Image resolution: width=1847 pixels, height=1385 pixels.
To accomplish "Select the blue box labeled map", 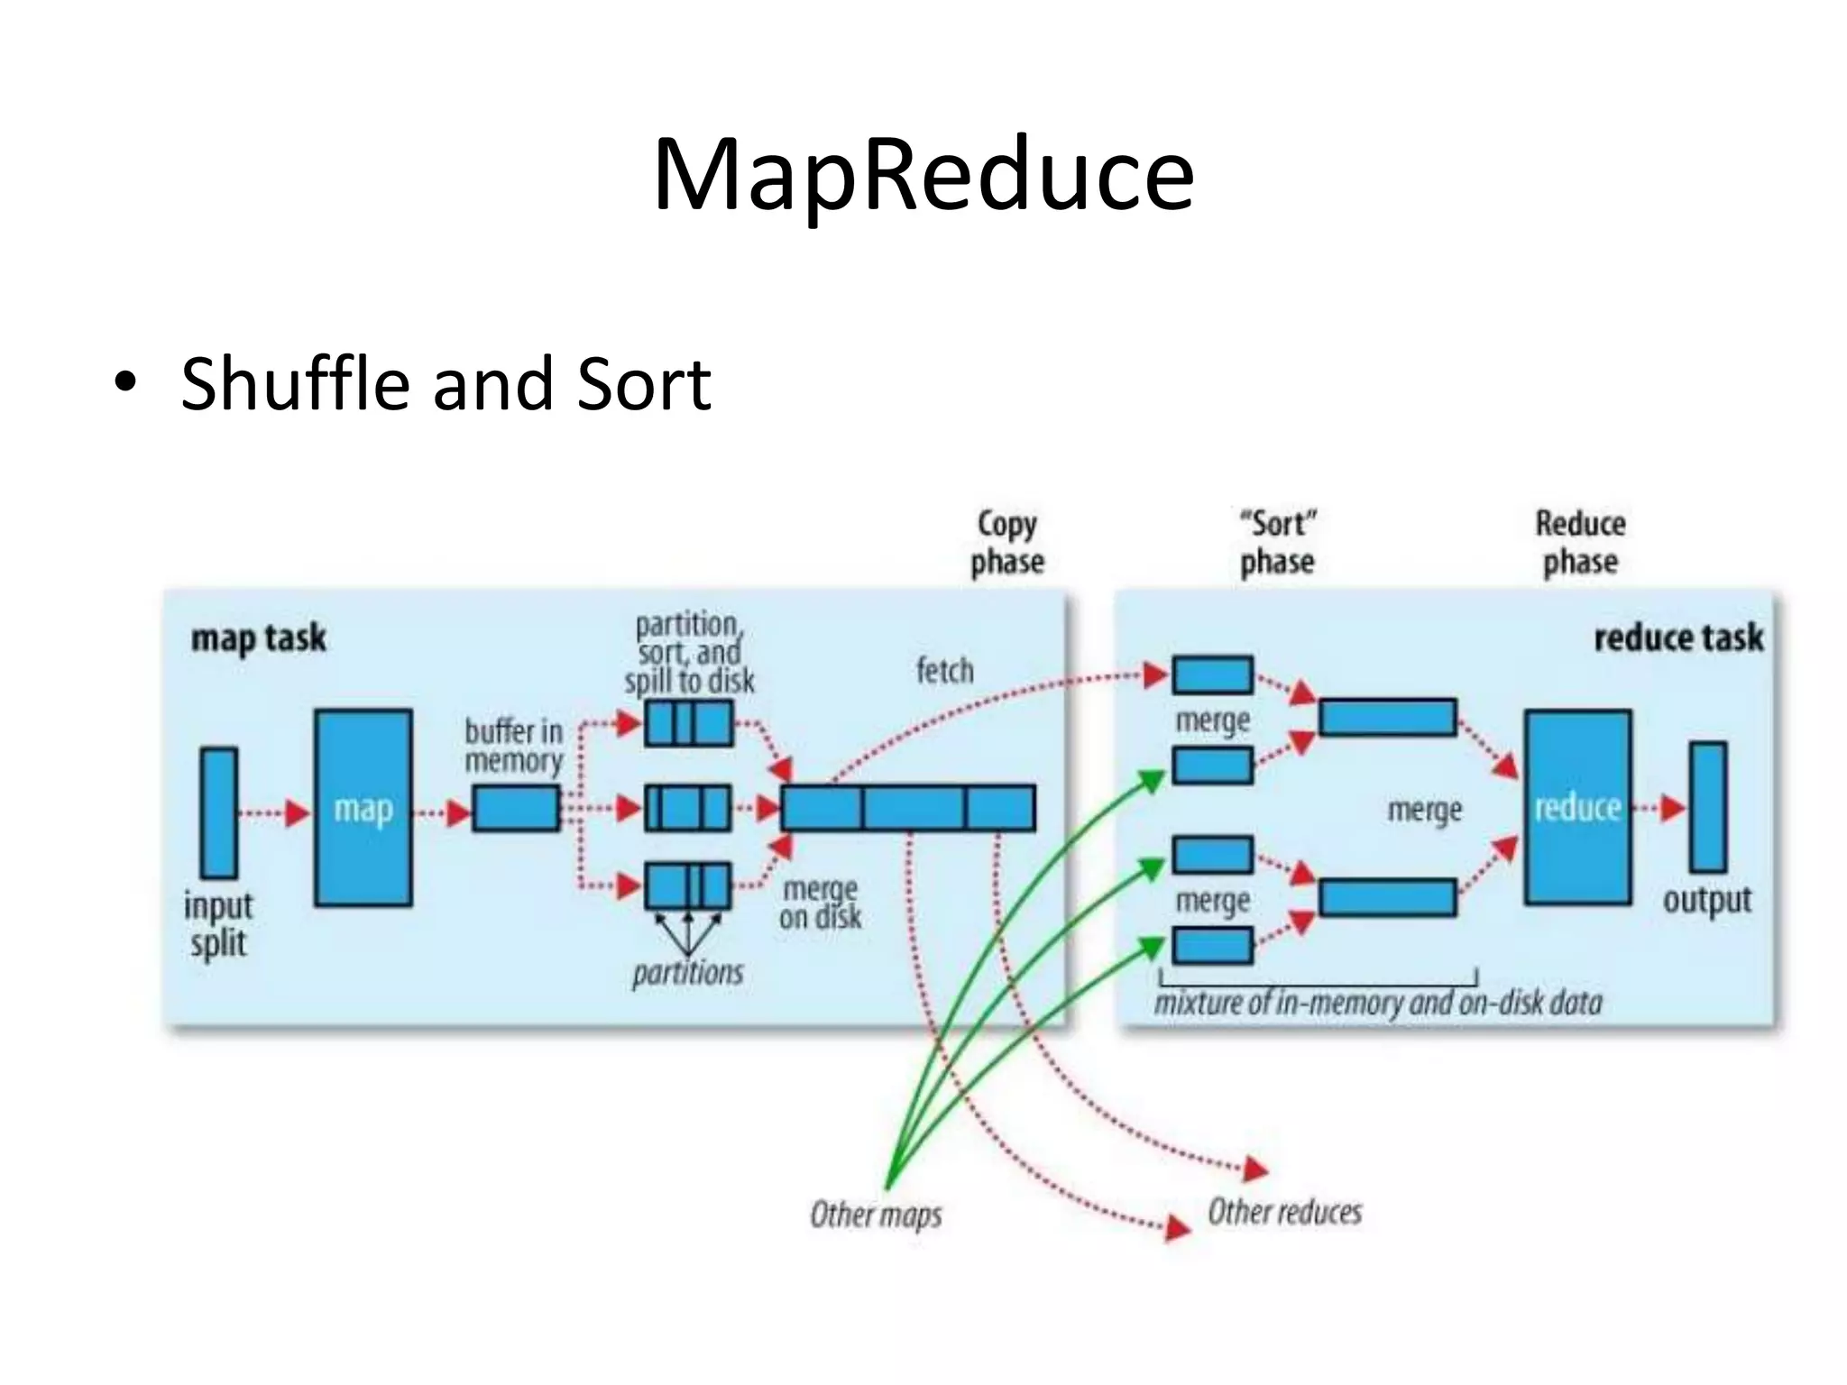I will pos(363,808).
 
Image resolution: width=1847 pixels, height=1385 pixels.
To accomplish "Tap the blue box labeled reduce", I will pos(1577,808).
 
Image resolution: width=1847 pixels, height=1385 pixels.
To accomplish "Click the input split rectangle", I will pos(219,812).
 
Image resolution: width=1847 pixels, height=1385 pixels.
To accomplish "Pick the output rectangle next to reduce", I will pos(1707,807).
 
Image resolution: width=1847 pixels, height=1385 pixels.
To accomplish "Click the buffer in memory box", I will pos(516,808).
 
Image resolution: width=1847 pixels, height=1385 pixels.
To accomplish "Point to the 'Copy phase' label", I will pos(1007,542).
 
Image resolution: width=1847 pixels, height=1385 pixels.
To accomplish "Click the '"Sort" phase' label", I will pos(1277,542).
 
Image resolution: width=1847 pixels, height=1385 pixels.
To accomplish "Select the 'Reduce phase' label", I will pos(1580,542).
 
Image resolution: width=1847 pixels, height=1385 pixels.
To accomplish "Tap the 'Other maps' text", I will pos(876,1215).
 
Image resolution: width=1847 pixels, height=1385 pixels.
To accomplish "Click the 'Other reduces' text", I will pos(1284,1212).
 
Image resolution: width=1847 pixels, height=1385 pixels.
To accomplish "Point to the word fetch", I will pos(944,671).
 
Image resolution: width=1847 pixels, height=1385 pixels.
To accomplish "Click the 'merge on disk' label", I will pos(820,903).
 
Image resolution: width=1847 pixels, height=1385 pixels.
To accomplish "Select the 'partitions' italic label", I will pos(687,973).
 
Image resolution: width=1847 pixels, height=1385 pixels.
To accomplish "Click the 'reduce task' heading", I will pos(1677,638).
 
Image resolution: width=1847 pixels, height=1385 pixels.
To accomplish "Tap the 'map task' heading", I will pos(258,638).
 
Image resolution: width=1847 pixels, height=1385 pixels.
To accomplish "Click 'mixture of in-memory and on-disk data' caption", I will pos(1378,1003).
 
